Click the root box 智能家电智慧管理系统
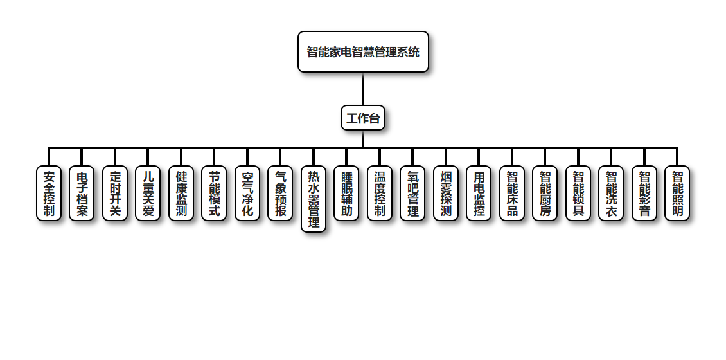click(x=363, y=52)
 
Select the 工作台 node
click(x=363, y=118)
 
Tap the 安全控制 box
click(x=49, y=193)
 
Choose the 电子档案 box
click(x=82, y=193)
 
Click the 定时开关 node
click(x=115, y=193)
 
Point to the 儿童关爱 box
click(x=148, y=193)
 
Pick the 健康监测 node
click(x=181, y=193)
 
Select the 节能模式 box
click(x=214, y=193)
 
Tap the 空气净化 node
click(x=247, y=193)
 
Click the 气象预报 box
click(x=280, y=193)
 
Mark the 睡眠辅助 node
click(x=346, y=193)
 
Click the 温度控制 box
click(x=380, y=193)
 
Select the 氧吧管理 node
click(x=412, y=193)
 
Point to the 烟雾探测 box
click(x=446, y=193)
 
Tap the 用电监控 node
click(x=479, y=193)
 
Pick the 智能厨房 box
click(x=545, y=193)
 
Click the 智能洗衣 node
click(x=611, y=193)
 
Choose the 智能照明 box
click(x=677, y=193)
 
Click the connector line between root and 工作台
click(x=363, y=89)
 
